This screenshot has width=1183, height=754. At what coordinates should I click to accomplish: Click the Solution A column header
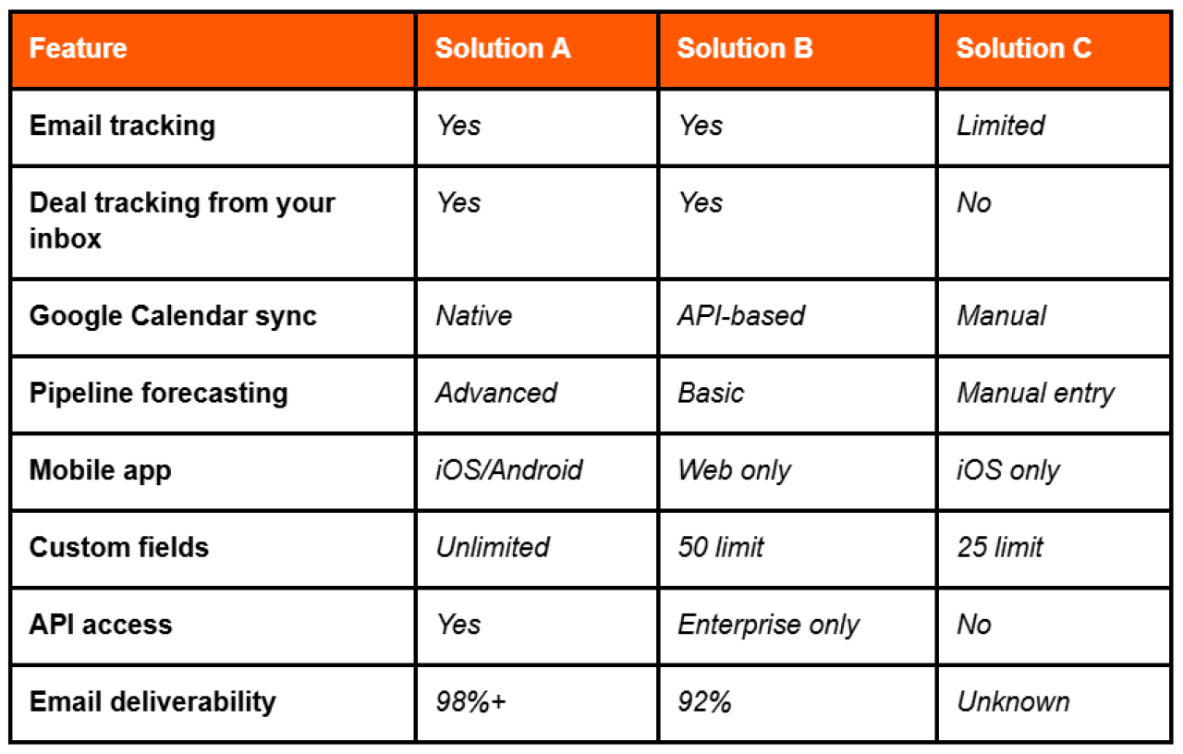503,49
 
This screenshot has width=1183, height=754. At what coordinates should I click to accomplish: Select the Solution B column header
745,49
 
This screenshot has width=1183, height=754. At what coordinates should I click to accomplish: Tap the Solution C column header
1023,49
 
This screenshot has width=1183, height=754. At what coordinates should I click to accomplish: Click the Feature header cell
79,49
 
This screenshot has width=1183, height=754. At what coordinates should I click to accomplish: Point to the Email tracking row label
122,126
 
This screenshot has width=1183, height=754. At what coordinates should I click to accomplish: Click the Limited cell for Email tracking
1000,126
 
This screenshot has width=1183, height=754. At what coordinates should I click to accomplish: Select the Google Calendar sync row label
173,316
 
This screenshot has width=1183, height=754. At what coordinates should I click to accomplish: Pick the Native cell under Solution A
473,316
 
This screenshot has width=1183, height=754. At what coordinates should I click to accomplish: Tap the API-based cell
741,316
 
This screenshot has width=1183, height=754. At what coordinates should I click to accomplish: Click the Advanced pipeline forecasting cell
496,394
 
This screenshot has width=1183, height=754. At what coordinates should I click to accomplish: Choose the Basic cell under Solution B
711,394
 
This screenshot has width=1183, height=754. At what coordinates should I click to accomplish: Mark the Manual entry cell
1035,394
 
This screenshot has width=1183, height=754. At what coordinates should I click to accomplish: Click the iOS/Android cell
509,470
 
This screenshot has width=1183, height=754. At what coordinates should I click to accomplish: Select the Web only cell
734,470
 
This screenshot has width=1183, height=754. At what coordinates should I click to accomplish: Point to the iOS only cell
1007,470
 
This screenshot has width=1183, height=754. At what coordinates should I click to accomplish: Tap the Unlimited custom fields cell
493,547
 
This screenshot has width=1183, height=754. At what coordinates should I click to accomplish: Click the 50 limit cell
721,547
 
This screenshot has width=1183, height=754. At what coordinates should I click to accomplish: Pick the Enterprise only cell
768,625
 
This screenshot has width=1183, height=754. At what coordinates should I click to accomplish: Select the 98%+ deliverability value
470,701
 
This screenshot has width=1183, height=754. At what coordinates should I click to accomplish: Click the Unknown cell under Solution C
1013,701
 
